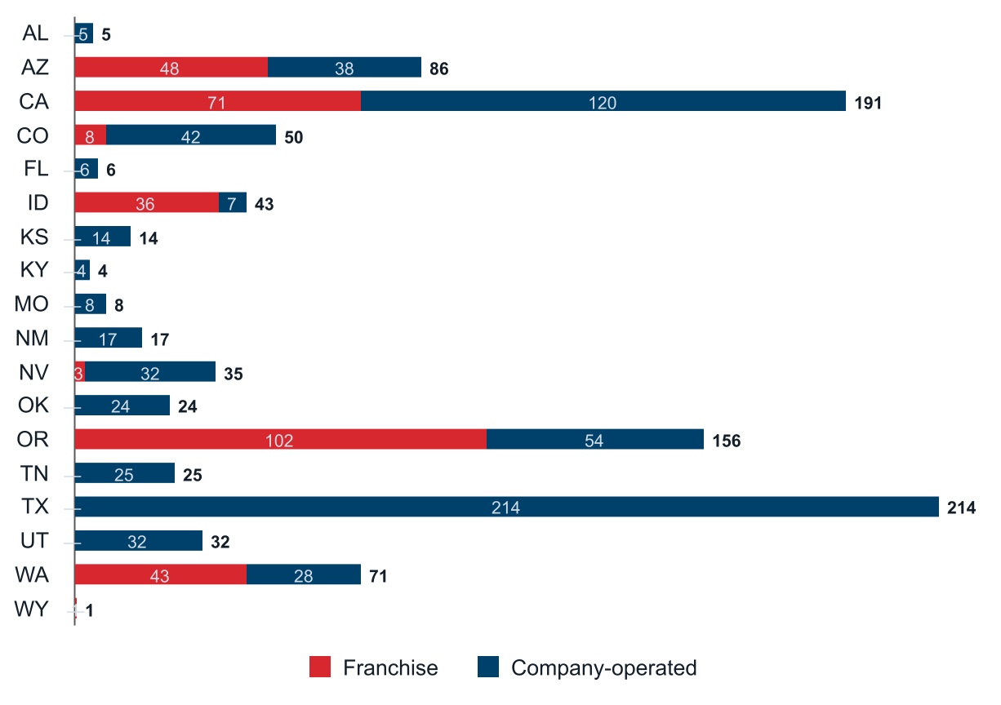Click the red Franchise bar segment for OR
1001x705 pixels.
click(x=280, y=440)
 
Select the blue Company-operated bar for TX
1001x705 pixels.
click(x=506, y=508)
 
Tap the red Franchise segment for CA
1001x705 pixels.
click(x=217, y=102)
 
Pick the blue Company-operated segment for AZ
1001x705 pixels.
click(x=344, y=69)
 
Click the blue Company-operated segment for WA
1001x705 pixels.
click(x=303, y=575)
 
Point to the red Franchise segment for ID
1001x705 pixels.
click(x=146, y=203)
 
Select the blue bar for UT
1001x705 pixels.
click(x=138, y=541)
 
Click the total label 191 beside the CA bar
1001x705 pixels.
click(x=869, y=103)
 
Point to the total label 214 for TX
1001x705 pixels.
click(x=961, y=508)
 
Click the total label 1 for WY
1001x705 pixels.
click(x=89, y=610)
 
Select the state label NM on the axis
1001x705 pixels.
click(x=32, y=339)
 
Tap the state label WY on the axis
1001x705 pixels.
click(x=32, y=610)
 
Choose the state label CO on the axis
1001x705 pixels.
click(x=33, y=135)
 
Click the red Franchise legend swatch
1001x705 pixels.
click(x=320, y=667)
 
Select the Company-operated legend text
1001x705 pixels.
click(x=603, y=668)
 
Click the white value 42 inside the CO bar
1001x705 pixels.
click(x=190, y=136)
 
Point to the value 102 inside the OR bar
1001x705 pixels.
click(x=279, y=441)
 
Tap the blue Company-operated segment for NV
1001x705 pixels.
click(x=150, y=373)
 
